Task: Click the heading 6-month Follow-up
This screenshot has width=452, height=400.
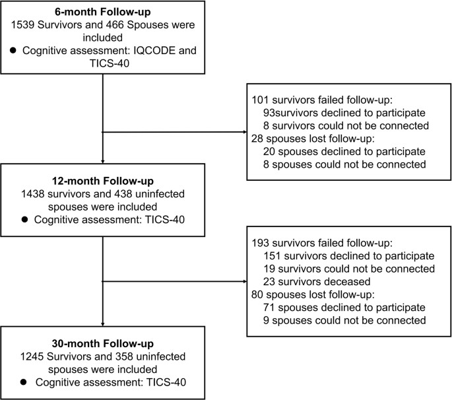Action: click(x=103, y=11)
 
